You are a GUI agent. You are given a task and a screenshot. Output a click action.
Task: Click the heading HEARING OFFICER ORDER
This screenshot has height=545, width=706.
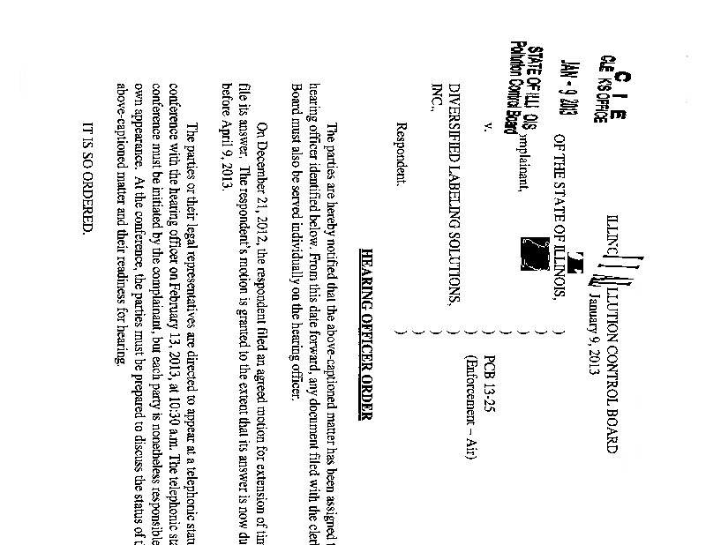click(369, 325)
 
